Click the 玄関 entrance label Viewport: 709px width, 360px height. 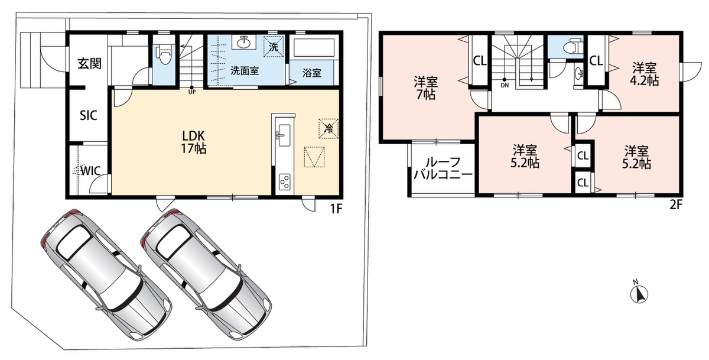tap(90, 64)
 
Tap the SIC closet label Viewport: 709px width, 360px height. tap(88, 116)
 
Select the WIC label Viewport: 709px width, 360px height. tap(91, 171)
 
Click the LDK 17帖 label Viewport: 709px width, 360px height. tap(193, 142)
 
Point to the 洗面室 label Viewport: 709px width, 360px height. tap(245, 70)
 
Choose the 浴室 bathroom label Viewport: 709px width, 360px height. tap(312, 73)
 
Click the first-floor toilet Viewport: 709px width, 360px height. tap(164, 54)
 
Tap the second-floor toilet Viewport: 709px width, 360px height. tap(572, 47)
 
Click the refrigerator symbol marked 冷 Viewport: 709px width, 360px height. tap(329, 128)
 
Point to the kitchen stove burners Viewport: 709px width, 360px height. tap(285, 181)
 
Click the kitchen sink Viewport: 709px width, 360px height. tap(283, 135)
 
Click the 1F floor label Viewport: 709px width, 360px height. tap(336, 209)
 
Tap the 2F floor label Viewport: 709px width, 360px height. tap(676, 205)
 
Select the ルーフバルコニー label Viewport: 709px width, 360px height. tap(443, 168)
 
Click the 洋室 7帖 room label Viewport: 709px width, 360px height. tap(426, 88)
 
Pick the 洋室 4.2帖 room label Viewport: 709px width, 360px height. tap(645, 74)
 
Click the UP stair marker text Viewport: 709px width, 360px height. tap(192, 92)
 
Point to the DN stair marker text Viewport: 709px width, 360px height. tap(505, 85)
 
